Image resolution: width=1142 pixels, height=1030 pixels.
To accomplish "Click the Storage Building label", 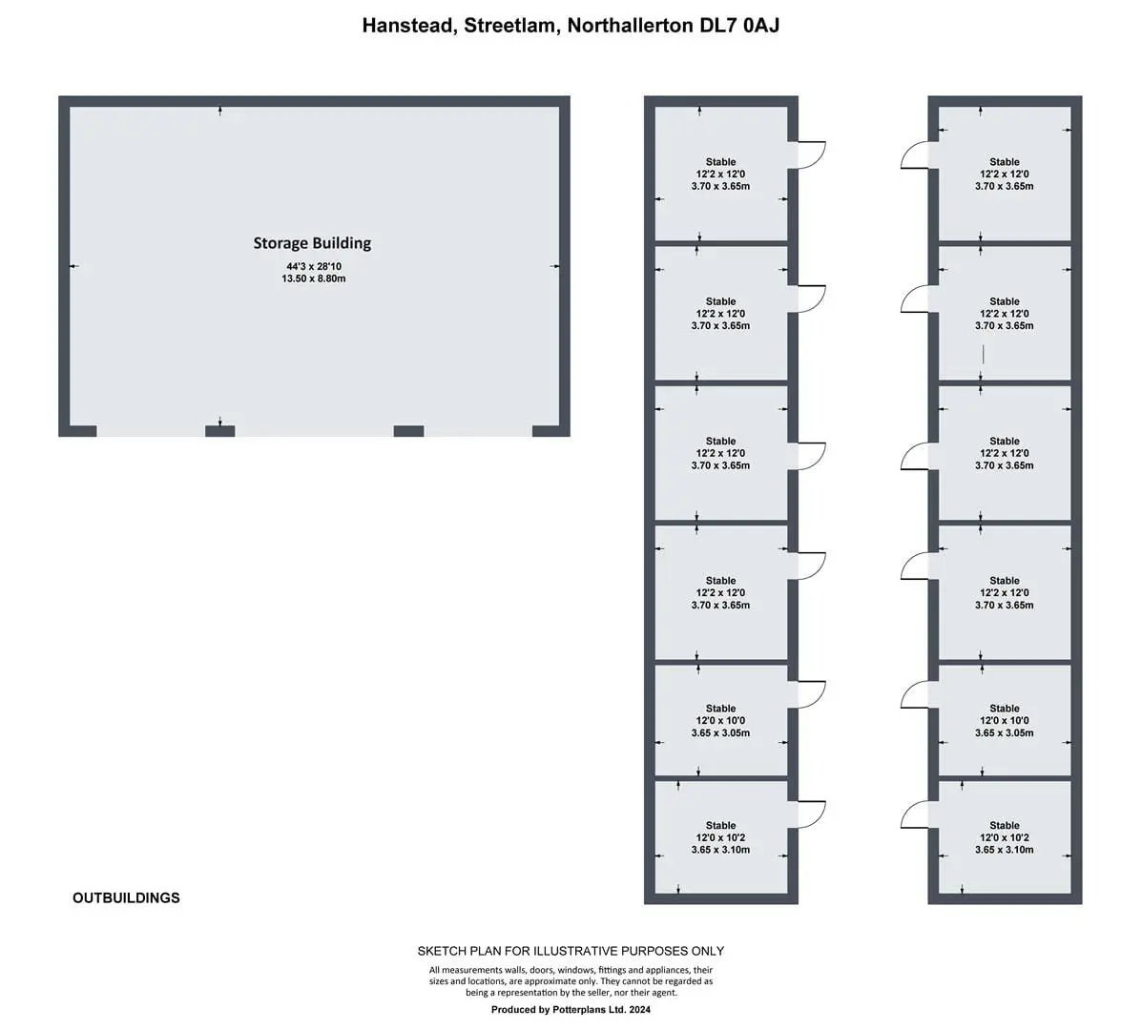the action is pyautogui.click(x=312, y=243).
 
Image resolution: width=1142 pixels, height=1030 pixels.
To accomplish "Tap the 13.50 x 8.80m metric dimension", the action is pyautogui.click(x=313, y=278).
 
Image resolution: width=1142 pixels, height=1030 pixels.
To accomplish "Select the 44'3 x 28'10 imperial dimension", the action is pyautogui.click(x=313, y=266).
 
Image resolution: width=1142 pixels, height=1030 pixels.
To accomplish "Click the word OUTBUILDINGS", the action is pyautogui.click(x=126, y=897).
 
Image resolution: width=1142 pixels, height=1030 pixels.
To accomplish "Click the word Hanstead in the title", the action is pyautogui.click(x=408, y=26).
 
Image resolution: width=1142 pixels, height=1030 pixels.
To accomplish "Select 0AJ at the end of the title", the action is pyautogui.click(x=761, y=26).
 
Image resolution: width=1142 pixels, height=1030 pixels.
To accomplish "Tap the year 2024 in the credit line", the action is pyautogui.click(x=639, y=1010).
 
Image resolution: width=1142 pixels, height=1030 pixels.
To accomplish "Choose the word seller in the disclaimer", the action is pyautogui.click(x=608, y=992).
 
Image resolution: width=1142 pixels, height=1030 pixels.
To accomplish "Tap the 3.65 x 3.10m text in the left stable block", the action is pyautogui.click(x=720, y=850).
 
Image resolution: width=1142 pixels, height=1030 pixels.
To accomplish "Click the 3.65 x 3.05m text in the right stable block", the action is pyautogui.click(x=1004, y=733).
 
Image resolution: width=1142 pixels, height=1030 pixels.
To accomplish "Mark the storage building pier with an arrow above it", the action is pyautogui.click(x=220, y=432).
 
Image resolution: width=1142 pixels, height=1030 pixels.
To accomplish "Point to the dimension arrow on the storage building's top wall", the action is pyautogui.click(x=220, y=111).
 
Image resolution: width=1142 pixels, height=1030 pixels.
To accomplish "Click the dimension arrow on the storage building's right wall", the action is pyautogui.click(x=555, y=266).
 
